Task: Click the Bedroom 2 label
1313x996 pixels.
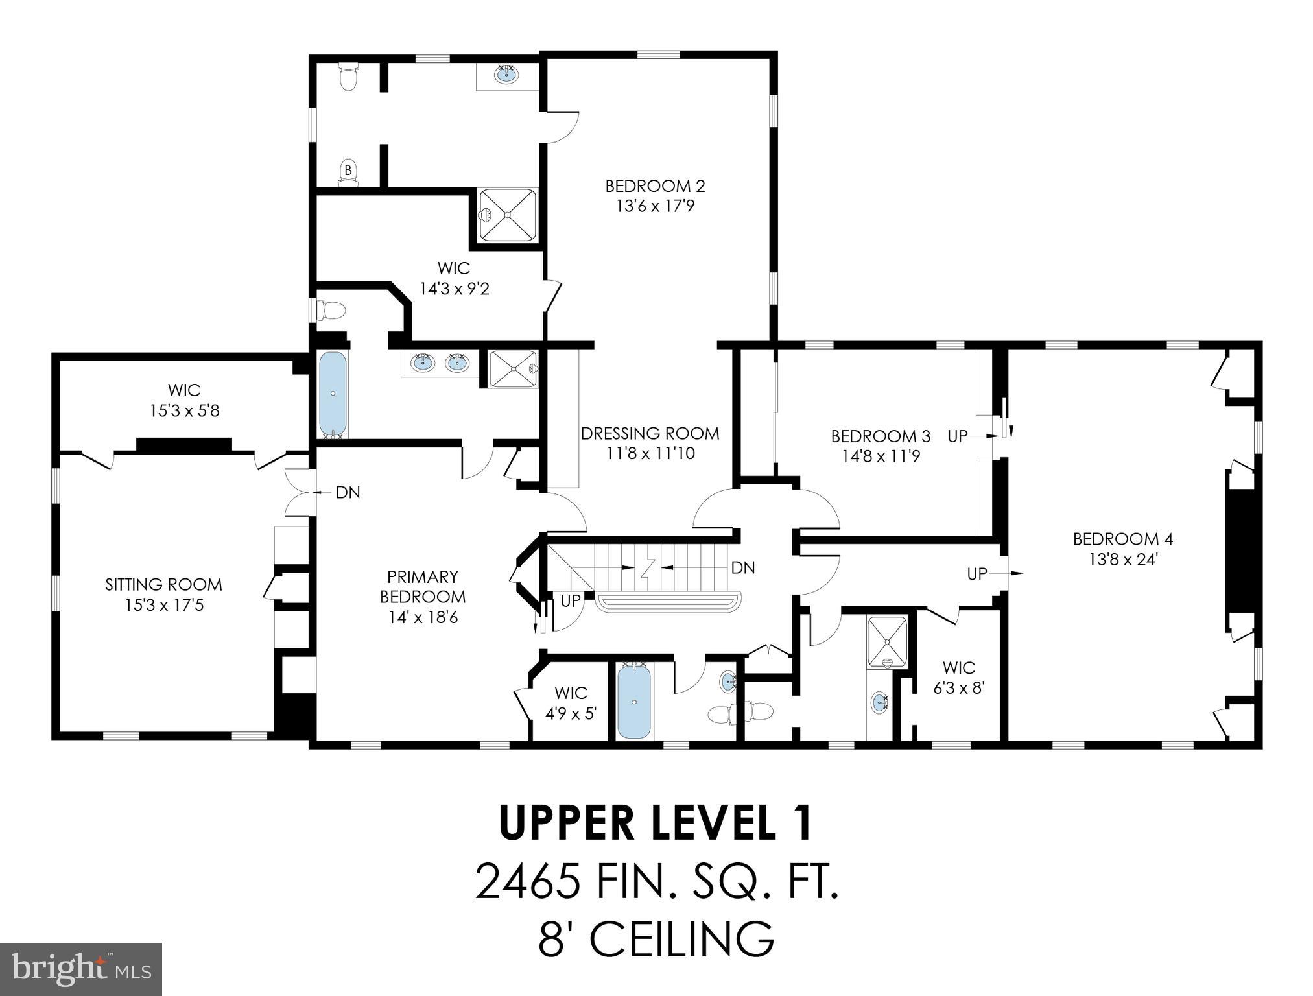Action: (x=654, y=186)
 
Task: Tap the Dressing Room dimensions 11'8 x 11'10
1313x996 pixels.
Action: (x=650, y=454)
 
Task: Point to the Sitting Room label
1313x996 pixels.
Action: (x=163, y=584)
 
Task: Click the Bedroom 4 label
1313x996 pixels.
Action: (x=1122, y=539)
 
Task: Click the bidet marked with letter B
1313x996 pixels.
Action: (x=348, y=171)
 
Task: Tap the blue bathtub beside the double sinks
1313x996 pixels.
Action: (x=333, y=393)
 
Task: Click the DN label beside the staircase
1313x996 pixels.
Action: (x=742, y=568)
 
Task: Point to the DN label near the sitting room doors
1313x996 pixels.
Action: (x=348, y=493)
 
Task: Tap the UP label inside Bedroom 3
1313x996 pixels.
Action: (x=957, y=436)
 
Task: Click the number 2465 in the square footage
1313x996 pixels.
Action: (x=526, y=883)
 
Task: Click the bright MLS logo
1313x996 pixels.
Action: (x=80, y=969)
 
